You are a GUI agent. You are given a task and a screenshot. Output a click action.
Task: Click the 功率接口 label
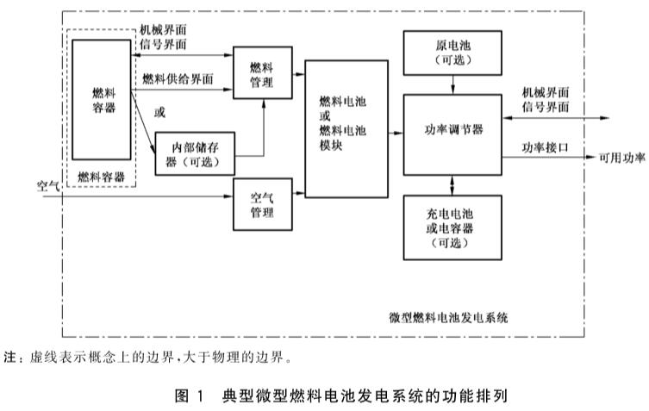tap(544, 147)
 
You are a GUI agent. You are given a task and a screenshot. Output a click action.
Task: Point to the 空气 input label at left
tap(47, 184)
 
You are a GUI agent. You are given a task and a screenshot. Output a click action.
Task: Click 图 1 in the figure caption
tap(188, 395)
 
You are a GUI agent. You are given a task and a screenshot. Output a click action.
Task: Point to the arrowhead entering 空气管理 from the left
tap(230, 196)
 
